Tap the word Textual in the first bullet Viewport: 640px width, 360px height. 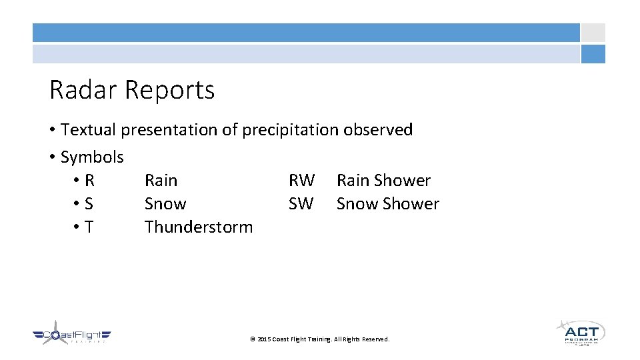click(89, 130)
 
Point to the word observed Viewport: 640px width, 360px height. click(378, 130)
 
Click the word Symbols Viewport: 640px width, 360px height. click(92, 157)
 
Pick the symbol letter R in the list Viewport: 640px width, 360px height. click(89, 181)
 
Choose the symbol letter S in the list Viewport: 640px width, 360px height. click(89, 204)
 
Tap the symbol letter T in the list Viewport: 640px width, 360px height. click(89, 227)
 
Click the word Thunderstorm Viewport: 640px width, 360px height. click(199, 227)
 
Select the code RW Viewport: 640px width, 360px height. click(301, 181)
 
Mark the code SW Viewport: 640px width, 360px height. click(301, 204)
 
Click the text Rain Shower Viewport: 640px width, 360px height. click(383, 181)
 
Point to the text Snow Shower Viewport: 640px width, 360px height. click(387, 204)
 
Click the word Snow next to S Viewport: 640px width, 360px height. click(165, 204)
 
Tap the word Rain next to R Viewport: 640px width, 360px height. click(161, 181)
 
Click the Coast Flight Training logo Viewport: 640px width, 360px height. click(72, 333)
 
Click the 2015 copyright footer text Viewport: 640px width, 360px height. click(319, 339)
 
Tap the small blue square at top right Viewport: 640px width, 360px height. click(593, 54)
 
